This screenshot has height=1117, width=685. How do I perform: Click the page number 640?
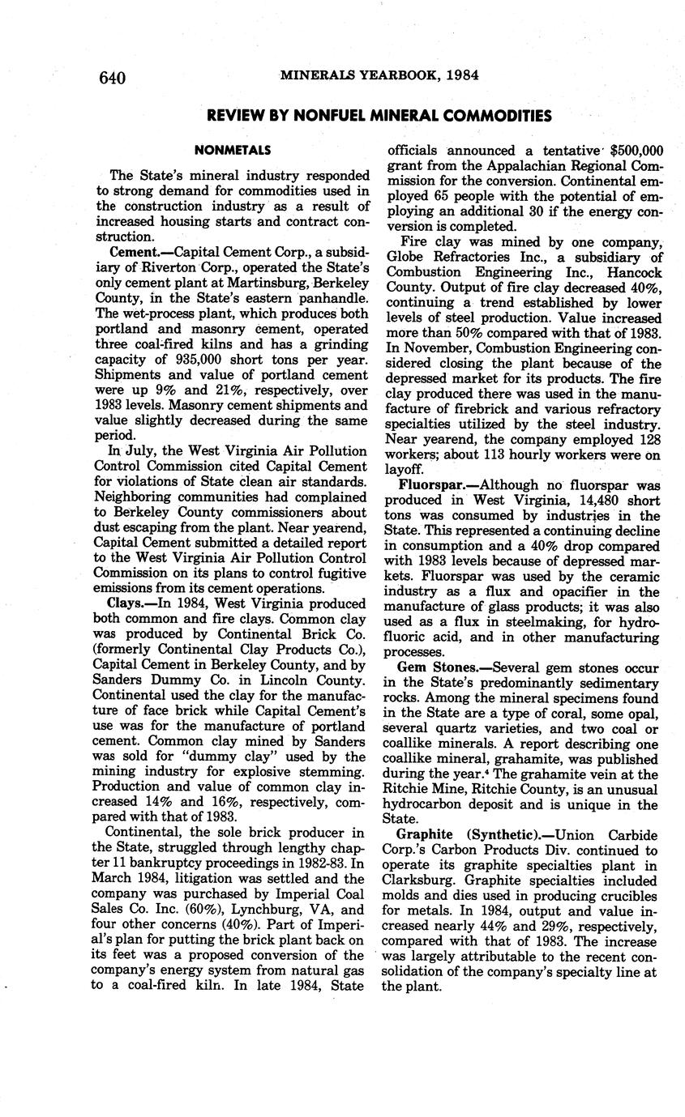113,78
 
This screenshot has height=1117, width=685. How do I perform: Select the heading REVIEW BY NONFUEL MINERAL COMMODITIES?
379,116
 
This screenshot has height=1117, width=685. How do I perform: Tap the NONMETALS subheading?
233,150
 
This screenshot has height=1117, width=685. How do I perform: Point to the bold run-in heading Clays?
126,603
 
